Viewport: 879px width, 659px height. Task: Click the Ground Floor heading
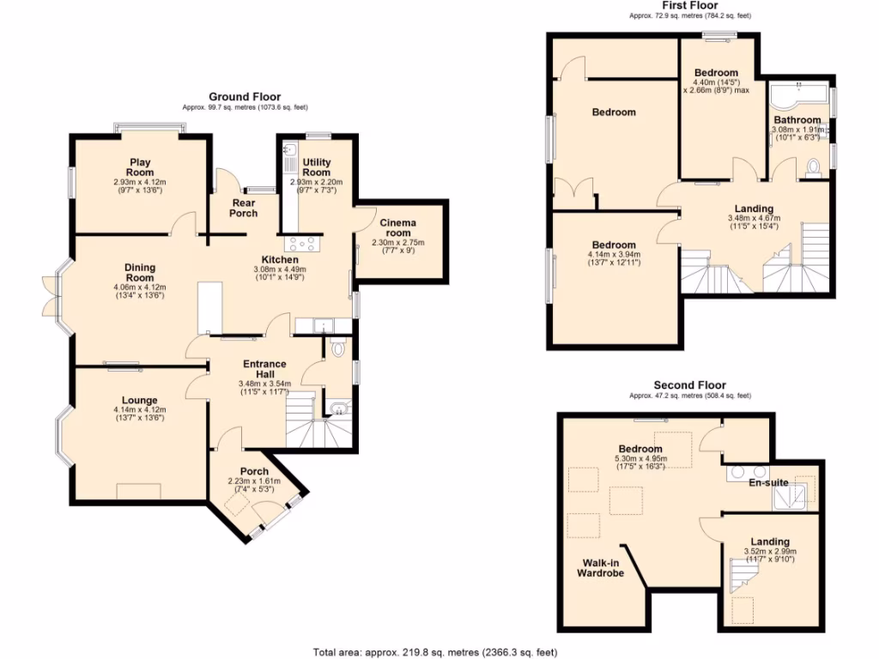[245, 97]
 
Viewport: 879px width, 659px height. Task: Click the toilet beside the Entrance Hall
[338, 348]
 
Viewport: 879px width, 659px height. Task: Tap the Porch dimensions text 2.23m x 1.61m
[253, 481]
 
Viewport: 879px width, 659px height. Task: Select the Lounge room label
[138, 400]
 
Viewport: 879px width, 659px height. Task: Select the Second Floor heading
[689, 385]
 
